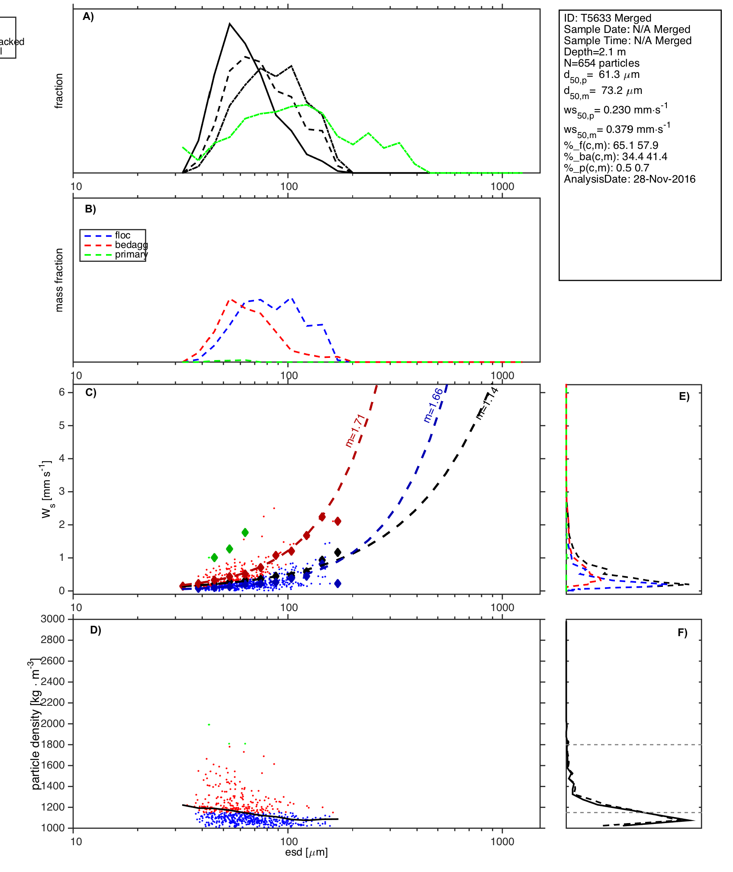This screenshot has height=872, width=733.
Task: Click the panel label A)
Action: tap(88, 16)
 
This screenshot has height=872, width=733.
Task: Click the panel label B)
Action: tap(90, 209)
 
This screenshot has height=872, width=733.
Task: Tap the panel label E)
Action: tap(684, 396)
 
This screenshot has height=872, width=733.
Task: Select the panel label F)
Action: tap(682, 633)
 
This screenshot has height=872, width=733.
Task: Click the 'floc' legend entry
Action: tap(122, 235)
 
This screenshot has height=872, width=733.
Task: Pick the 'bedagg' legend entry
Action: tap(131, 245)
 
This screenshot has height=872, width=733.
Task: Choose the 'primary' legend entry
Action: tap(131, 254)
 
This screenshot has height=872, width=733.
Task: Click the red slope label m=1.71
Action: tap(355, 431)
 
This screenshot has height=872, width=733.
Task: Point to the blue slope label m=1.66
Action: tap(433, 405)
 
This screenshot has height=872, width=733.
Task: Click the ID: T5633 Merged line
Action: tap(607, 18)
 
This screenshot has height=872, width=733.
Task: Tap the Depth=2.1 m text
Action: tap(595, 52)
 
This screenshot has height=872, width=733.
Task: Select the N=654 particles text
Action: tap(601, 63)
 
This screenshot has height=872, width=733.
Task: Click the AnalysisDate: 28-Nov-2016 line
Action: tap(629, 179)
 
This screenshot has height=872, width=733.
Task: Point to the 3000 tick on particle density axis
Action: tap(53, 619)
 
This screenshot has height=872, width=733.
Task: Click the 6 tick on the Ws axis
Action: tap(62, 392)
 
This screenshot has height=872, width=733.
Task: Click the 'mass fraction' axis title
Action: tap(59, 280)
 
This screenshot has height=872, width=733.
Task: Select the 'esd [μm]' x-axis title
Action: tap(306, 852)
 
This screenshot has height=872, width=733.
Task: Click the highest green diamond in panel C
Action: tap(245, 532)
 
